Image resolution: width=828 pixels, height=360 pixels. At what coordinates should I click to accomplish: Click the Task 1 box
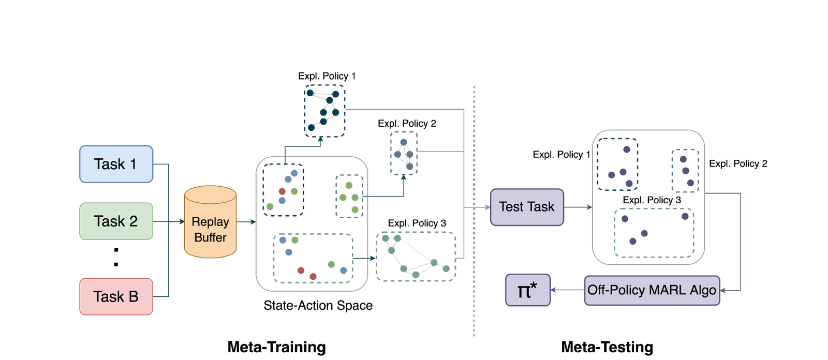click(x=116, y=164)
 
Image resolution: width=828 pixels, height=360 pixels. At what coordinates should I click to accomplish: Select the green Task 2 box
click(x=116, y=221)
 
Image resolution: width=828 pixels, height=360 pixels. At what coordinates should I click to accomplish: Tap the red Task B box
click(x=116, y=296)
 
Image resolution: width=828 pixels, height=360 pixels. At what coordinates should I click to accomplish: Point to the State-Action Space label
click(x=318, y=305)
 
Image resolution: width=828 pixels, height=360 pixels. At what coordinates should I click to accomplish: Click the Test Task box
click(x=526, y=207)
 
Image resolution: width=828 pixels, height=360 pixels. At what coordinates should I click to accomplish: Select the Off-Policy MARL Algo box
click(x=652, y=290)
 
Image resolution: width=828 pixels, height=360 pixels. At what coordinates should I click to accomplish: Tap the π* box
click(x=527, y=290)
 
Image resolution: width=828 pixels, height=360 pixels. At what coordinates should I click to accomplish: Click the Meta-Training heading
click(x=276, y=347)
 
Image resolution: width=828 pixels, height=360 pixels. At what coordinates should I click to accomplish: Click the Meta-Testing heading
click(x=607, y=347)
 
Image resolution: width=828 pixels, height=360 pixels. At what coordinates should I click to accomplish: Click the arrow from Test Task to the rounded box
click(x=578, y=207)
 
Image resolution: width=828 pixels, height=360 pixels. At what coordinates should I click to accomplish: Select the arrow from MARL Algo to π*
click(x=567, y=290)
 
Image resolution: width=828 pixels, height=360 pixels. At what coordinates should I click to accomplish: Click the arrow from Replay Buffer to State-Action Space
click(x=246, y=222)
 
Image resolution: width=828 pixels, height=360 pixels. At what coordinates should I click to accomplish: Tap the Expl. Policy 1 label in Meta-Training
click(x=327, y=76)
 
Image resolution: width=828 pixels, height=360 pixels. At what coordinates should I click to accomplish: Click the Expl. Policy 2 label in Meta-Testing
click(x=738, y=163)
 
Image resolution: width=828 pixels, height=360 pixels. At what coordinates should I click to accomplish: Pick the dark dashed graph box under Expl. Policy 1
click(x=324, y=111)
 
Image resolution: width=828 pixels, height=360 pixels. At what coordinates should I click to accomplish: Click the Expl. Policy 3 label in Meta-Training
click(x=417, y=223)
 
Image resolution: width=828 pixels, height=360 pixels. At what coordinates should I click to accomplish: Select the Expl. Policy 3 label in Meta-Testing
click(x=652, y=200)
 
